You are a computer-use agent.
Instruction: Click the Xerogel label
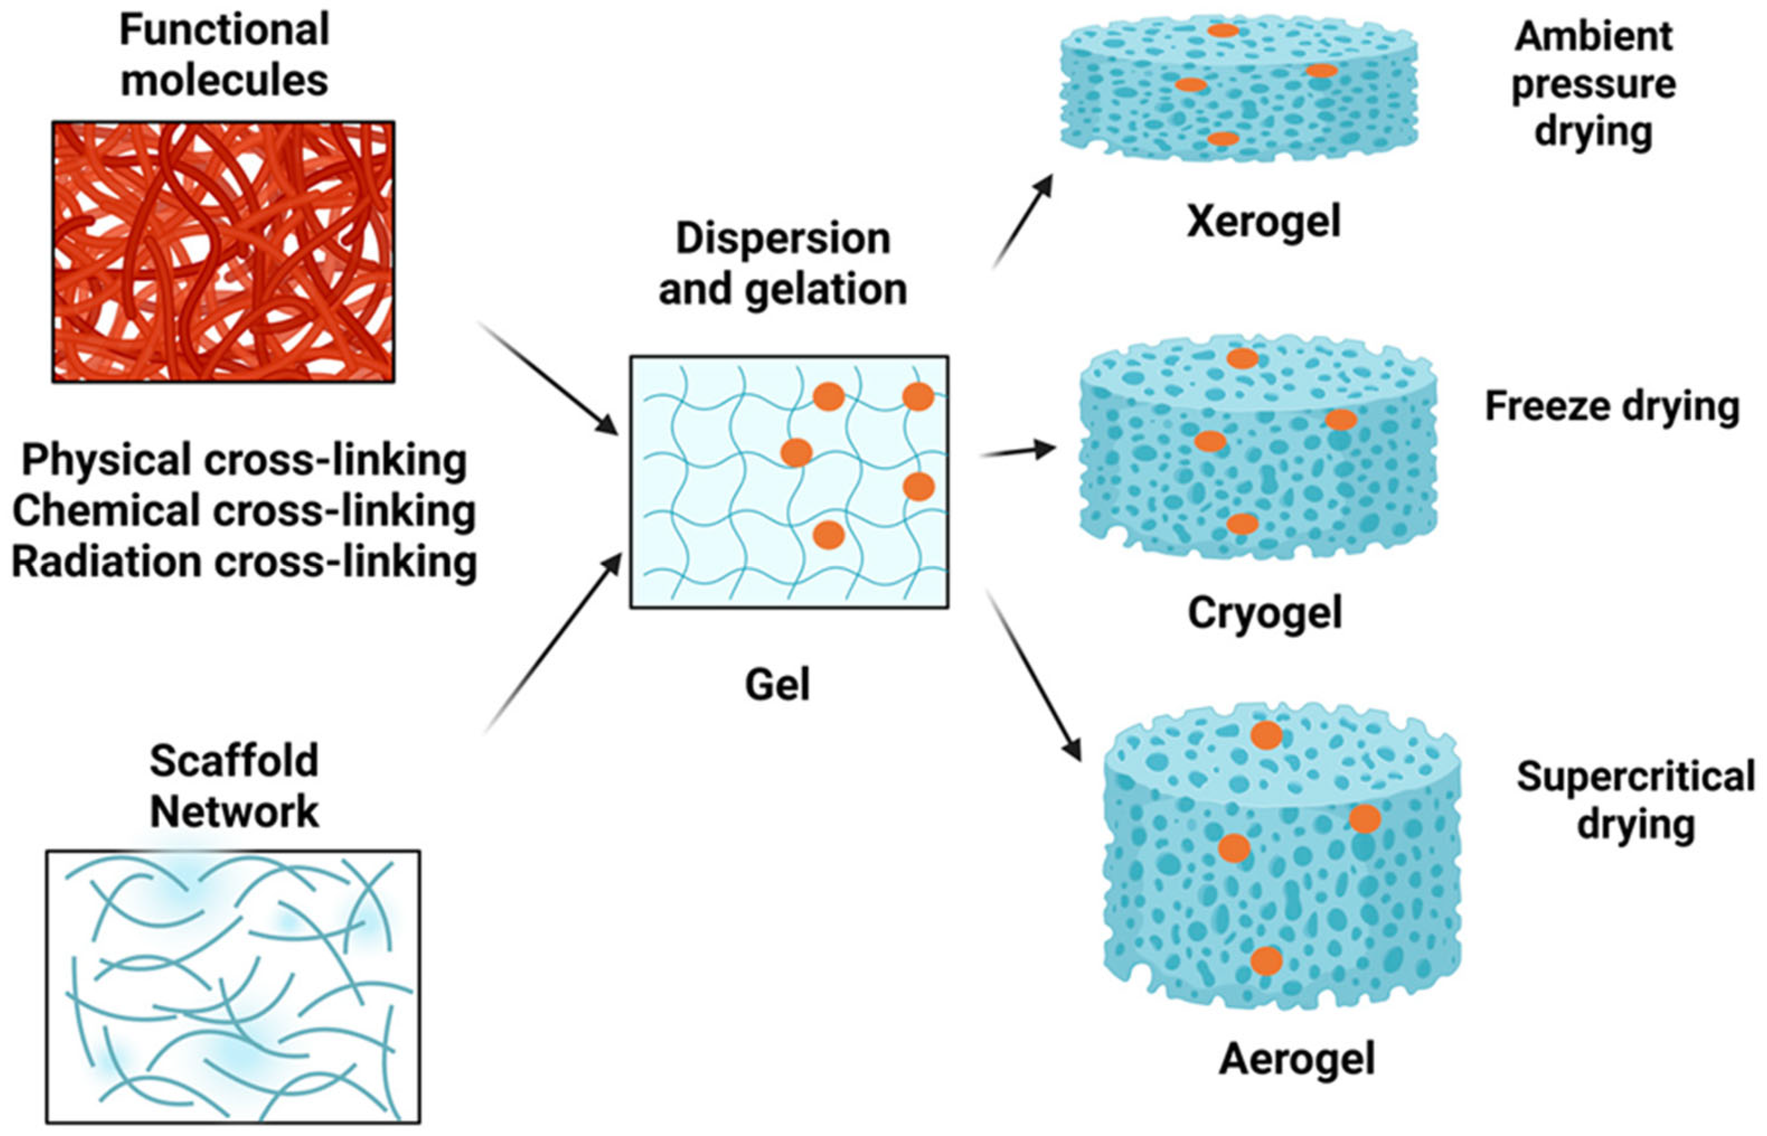(1263, 221)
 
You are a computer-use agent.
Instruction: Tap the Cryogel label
(1265, 613)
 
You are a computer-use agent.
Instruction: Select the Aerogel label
(1296, 1059)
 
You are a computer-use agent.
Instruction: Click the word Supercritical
(1635, 776)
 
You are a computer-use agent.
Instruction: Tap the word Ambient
(1593, 36)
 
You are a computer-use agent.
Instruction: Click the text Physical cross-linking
(244, 460)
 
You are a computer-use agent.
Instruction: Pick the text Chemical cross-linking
(244, 511)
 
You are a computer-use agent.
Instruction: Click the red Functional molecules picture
(223, 251)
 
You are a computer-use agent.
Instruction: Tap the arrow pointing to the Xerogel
(1023, 221)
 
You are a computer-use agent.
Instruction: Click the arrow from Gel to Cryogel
(1017, 451)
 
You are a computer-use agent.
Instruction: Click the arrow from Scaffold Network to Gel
(554, 642)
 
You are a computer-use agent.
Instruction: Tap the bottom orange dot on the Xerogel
(1222, 139)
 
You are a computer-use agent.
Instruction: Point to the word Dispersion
(783, 238)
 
